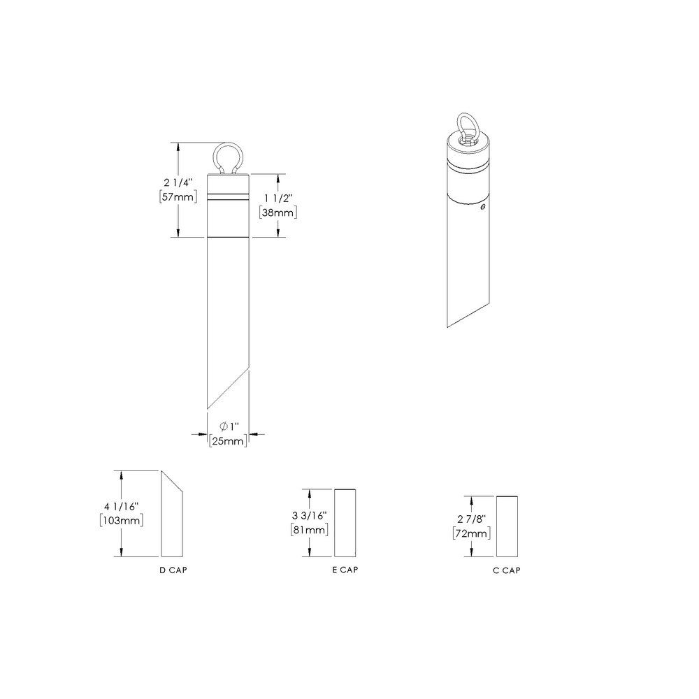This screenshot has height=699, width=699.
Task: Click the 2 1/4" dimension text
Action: (x=178, y=182)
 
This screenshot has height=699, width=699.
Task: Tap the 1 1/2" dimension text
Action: (x=278, y=198)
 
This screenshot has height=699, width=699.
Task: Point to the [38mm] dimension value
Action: (x=278, y=212)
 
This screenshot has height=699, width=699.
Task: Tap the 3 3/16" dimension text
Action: (x=309, y=516)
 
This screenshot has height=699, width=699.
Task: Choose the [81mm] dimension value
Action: (x=309, y=530)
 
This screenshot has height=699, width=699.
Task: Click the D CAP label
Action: (x=173, y=570)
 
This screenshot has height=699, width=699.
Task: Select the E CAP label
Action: (x=345, y=570)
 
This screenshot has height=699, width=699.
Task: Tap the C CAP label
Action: (x=507, y=570)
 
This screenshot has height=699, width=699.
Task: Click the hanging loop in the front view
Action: (x=228, y=157)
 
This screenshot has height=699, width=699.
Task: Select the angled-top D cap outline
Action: (x=173, y=517)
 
